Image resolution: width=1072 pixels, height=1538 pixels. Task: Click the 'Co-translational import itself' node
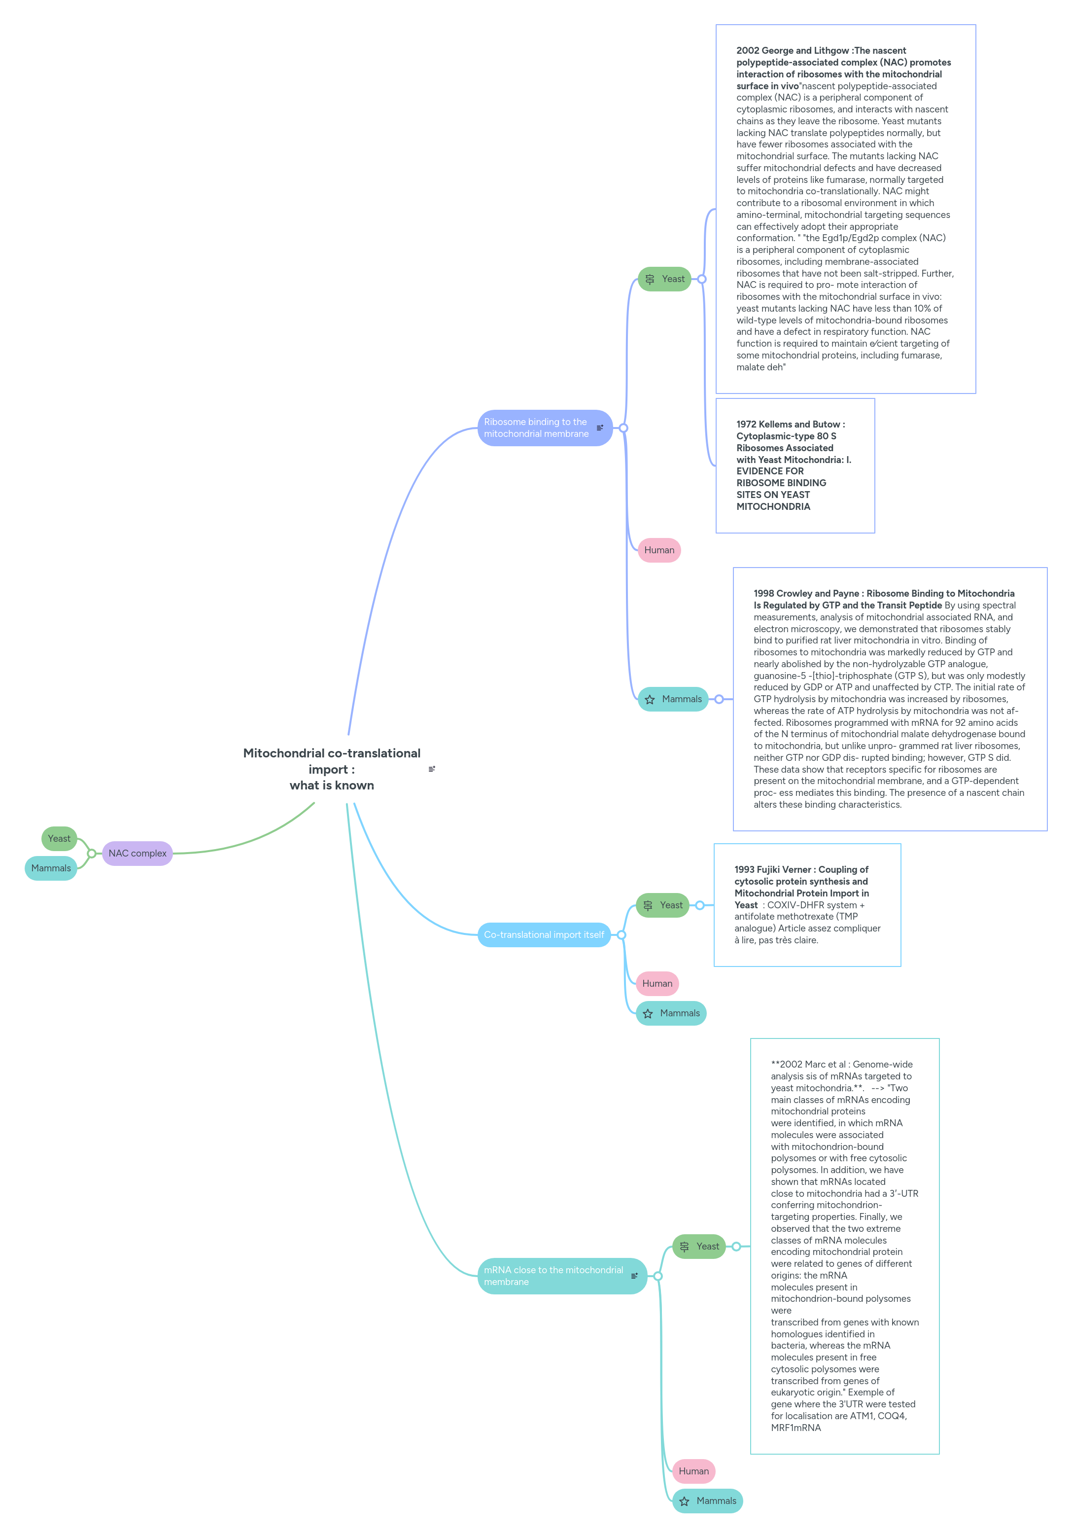point(543,934)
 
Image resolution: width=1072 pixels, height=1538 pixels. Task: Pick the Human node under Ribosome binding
point(659,549)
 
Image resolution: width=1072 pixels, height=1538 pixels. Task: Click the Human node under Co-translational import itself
point(657,983)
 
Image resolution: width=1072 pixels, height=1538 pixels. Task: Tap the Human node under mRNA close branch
point(693,1470)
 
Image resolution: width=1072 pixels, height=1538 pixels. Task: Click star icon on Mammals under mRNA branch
point(684,1501)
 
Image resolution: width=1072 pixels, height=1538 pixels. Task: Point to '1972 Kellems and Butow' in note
point(790,424)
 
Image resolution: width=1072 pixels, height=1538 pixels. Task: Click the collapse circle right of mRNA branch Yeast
point(736,1246)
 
